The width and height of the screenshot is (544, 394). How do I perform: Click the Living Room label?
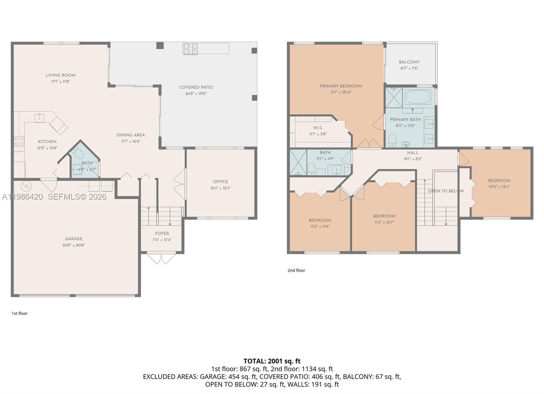pos(61,75)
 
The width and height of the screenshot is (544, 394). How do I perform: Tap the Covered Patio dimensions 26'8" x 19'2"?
pos(196,94)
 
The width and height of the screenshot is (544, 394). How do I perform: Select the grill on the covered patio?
pos(190,49)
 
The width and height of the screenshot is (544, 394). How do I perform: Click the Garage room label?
pos(74,239)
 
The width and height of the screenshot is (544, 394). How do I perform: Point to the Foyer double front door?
pos(162,258)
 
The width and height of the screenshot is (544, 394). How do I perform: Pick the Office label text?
pos(220,182)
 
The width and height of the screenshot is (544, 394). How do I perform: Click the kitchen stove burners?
pos(19,141)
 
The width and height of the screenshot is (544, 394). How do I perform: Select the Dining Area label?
pos(131,135)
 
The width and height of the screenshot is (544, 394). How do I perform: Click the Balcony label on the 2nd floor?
pos(409,62)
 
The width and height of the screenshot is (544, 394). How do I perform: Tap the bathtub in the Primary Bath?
pos(418,97)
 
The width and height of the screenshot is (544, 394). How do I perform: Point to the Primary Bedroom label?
pos(341,86)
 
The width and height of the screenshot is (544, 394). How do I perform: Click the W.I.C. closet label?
pos(318,128)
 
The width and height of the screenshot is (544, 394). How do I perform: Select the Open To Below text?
pos(445,191)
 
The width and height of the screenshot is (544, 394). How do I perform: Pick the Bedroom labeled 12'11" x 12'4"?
pos(499,181)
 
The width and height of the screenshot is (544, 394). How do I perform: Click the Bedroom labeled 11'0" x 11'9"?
pos(320,220)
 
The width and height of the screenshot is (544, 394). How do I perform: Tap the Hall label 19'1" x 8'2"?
pos(413,153)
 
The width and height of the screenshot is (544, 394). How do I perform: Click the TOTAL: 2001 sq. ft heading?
pos(272,361)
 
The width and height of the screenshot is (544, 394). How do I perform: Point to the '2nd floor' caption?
pos(296,270)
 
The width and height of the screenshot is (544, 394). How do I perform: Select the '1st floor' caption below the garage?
pos(19,313)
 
